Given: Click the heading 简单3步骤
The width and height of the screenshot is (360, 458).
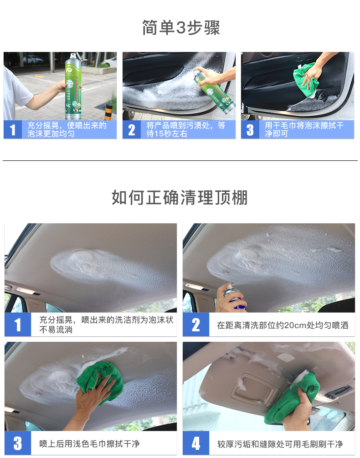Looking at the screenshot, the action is [181, 28].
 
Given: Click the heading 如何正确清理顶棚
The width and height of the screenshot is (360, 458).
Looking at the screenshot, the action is [180, 197].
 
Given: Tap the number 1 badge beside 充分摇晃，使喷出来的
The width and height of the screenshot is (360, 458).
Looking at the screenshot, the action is [13, 130].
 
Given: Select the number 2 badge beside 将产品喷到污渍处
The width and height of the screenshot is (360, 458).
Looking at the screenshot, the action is [131, 130].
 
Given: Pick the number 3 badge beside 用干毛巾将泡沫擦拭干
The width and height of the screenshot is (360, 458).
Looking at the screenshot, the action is [250, 130].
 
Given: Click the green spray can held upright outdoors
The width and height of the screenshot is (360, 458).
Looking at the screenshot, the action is [73, 86].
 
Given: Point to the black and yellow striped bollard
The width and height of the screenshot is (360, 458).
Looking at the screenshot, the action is [108, 112].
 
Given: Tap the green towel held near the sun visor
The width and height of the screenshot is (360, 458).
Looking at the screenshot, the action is [292, 397].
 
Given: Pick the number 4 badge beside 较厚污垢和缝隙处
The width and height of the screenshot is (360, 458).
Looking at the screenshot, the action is [196, 443].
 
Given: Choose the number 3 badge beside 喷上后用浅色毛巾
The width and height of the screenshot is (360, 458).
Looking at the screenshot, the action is [18, 443].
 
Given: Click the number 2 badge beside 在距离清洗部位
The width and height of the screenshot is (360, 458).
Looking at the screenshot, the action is [196, 324].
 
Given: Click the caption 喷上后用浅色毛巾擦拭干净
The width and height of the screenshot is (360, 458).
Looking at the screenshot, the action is [89, 444].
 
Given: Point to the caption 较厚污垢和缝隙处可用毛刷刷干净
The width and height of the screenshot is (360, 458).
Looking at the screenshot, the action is [280, 444].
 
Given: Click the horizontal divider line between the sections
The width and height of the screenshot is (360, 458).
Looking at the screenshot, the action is [180, 161].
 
